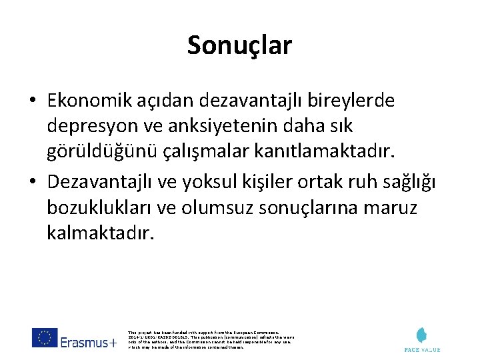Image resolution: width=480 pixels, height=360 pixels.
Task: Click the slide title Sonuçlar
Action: click(x=239, y=45)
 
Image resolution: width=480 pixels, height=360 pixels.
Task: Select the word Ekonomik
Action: click(x=83, y=101)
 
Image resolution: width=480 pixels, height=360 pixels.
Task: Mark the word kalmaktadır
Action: click(x=100, y=233)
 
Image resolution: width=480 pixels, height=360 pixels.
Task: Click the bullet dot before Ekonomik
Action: click(x=32, y=101)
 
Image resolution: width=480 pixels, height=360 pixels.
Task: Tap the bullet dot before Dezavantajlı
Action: click(x=32, y=183)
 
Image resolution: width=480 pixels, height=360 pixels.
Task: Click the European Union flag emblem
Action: click(x=45, y=337)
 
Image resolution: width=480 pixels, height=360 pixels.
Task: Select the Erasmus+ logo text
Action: click(x=88, y=342)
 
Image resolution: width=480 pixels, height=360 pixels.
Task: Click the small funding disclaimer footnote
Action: click(x=209, y=339)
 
